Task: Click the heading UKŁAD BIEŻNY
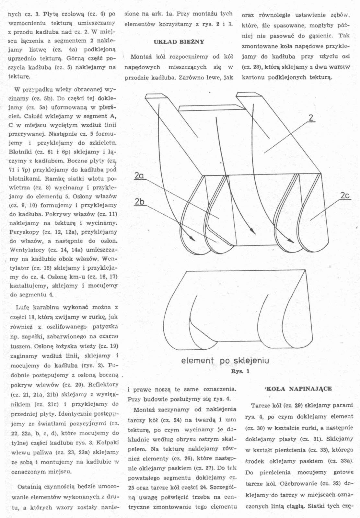[x=179, y=42]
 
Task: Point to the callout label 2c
[x=345, y=196]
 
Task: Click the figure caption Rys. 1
[x=240, y=371]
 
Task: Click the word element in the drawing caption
[x=197, y=361]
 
